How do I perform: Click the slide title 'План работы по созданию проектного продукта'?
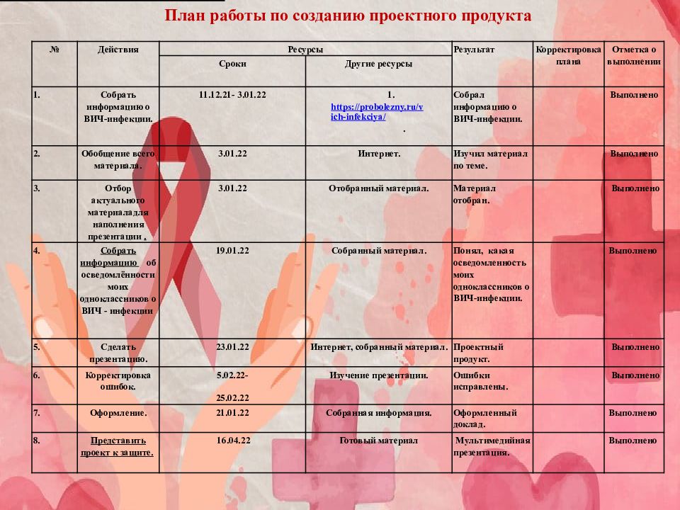[x=348, y=16]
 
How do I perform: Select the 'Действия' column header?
[x=118, y=50]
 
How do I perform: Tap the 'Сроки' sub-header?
[x=232, y=64]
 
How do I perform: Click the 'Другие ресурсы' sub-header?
[x=378, y=64]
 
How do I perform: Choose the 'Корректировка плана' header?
[x=568, y=55]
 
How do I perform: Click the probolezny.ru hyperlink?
[x=377, y=112]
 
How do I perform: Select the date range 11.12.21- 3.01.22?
[x=232, y=94]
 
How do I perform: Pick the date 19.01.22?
[x=232, y=251]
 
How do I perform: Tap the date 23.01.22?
[x=232, y=347]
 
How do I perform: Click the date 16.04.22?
[x=232, y=441]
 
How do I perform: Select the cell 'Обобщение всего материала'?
[x=118, y=159]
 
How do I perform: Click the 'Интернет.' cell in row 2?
[x=379, y=154]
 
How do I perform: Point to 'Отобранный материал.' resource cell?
[x=379, y=188]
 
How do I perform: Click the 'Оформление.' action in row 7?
[x=118, y=412]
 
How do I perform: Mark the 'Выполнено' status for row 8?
[x=634, y=441]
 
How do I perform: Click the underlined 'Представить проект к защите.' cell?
[x=118, y=446]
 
